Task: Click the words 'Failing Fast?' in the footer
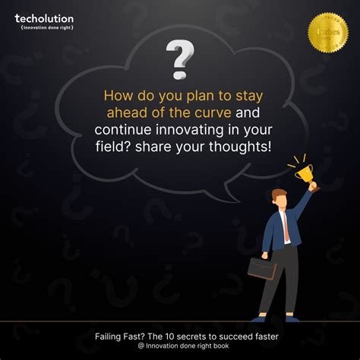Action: click(x=119, y=336)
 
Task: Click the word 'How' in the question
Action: click(x=115, y=97)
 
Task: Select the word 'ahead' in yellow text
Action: click(x=123, y=113)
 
